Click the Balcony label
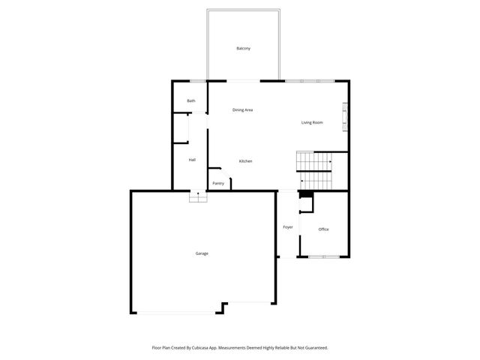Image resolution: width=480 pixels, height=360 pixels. click(x=243, y=48)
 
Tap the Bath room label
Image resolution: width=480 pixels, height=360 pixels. click(x=191, y=101)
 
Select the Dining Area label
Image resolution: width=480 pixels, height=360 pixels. click(x=242, y=110)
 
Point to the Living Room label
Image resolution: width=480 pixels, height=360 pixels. click(x=312, y=122)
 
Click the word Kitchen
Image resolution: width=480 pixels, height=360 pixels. click(x=245, y=161)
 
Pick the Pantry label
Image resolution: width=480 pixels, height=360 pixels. click(x=218, y=184)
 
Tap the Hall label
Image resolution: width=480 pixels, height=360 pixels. click(x=192, y=160)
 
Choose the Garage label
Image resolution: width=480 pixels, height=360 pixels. click(x=202, y=253)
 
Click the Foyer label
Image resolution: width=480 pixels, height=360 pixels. click(x=287, y=227)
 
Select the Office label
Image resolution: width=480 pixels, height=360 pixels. click(x=323, y=229)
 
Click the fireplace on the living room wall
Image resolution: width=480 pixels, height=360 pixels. click(x=346, y=116)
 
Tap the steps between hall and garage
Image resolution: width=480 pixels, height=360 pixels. click(x=197, y=196)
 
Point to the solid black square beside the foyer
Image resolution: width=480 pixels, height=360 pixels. click(x=305, y=194)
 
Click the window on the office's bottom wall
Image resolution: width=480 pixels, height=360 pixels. click(x=324, y=257)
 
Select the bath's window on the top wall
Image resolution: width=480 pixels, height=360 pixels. click(x=197, y=81)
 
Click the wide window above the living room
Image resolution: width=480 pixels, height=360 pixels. click(x=310, y=80)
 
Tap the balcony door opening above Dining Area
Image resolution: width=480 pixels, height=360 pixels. click(x=240, y=80)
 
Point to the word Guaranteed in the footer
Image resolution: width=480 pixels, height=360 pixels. click(x=314, y=348)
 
